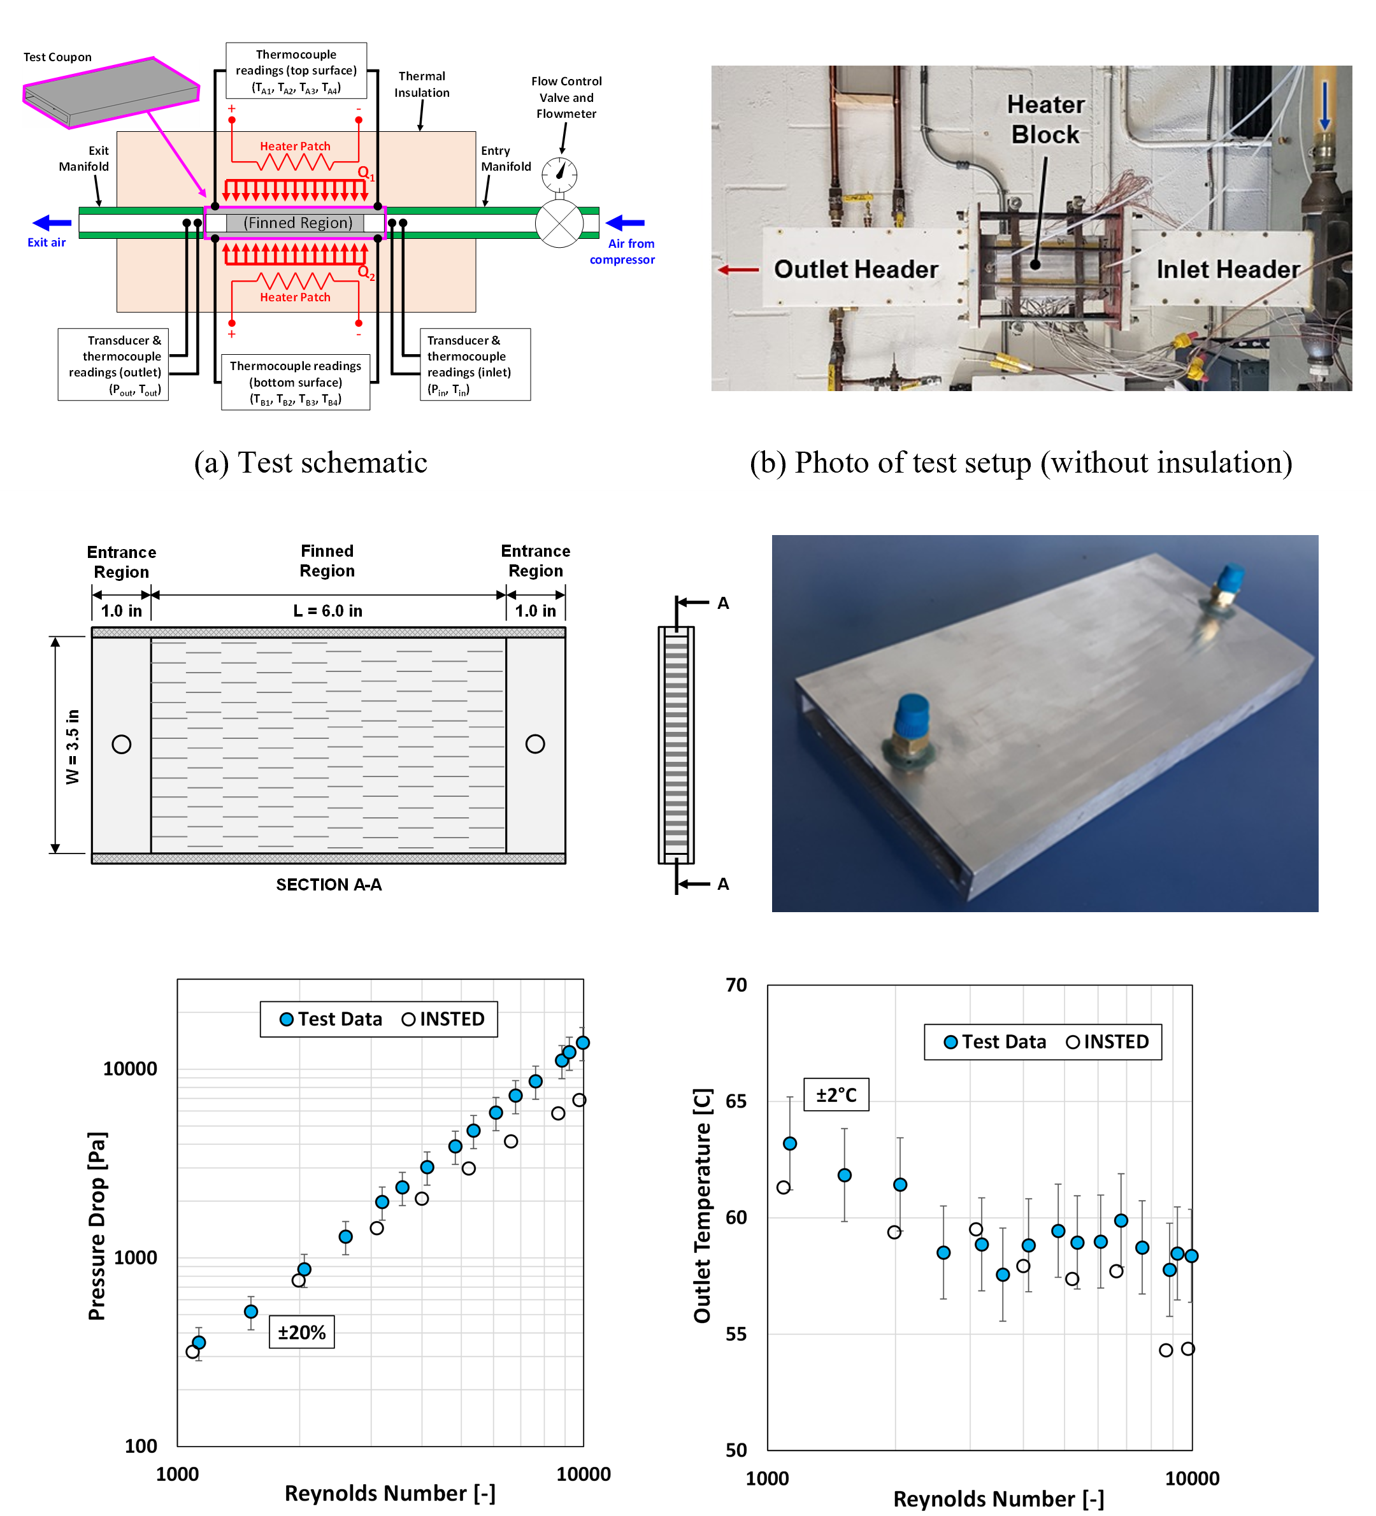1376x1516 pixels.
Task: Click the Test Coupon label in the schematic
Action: click(x=57, y=57)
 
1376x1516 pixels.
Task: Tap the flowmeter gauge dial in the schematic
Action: click(x=559, y=175)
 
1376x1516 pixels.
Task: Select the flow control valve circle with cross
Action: click(x=559, y=224)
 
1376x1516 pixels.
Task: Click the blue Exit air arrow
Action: click(x=52, y=222)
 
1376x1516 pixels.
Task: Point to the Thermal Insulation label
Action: click(x=422, y=84)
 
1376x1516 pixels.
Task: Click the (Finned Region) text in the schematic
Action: click(x=297, y=222)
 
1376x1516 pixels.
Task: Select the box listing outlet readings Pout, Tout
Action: click(x=113, y=364)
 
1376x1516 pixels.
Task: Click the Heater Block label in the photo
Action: click(x=1046, y=120)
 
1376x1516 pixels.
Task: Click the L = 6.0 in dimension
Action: click(x=328, y=611)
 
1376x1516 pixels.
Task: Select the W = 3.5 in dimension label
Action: click(x=72, y=746)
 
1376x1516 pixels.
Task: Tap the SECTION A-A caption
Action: click(x=329, y=884)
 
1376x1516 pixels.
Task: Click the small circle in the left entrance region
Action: click(x=121, y=745)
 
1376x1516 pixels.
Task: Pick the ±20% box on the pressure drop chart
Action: click(x=301, y=1333)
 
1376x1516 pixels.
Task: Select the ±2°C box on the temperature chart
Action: click(x=836, y=1094)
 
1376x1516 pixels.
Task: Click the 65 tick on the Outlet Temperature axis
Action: click(x=736, y=1101)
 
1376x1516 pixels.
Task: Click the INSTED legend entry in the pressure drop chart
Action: click(x=443, y=1019)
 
